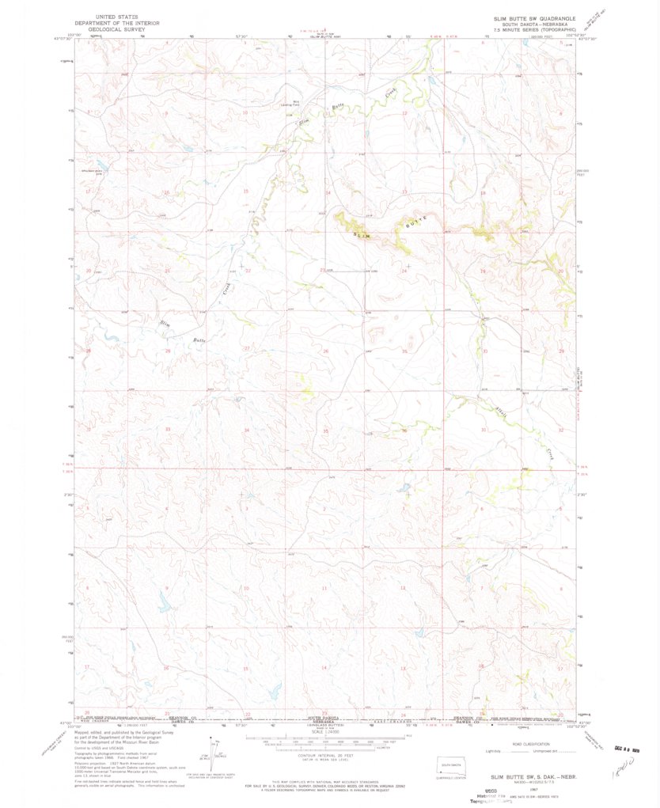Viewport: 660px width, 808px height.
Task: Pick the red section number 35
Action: (325, 431)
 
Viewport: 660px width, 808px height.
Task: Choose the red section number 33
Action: (168, 429)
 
